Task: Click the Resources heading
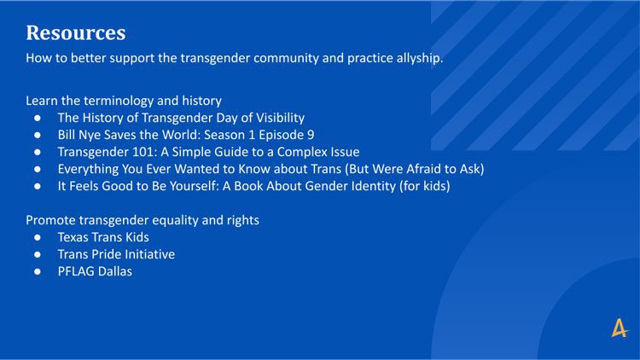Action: tap(75, 32)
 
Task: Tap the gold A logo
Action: tap(620, 328)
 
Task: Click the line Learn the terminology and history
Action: tap(124, 101)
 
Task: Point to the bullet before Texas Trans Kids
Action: tap(38, 237)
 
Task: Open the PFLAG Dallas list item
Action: tap(95, 271)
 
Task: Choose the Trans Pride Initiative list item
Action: tap(116, 254)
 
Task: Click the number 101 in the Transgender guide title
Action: tap(144, 152)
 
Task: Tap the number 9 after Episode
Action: tap(311, 135)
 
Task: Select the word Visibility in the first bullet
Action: tap(280, 118)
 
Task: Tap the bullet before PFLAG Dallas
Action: tap(38, 271)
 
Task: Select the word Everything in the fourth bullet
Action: tap(88, 170)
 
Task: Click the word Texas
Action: tap(73, 237)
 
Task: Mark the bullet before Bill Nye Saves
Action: tap(38, 135)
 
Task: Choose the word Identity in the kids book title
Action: tap(374, 186)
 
